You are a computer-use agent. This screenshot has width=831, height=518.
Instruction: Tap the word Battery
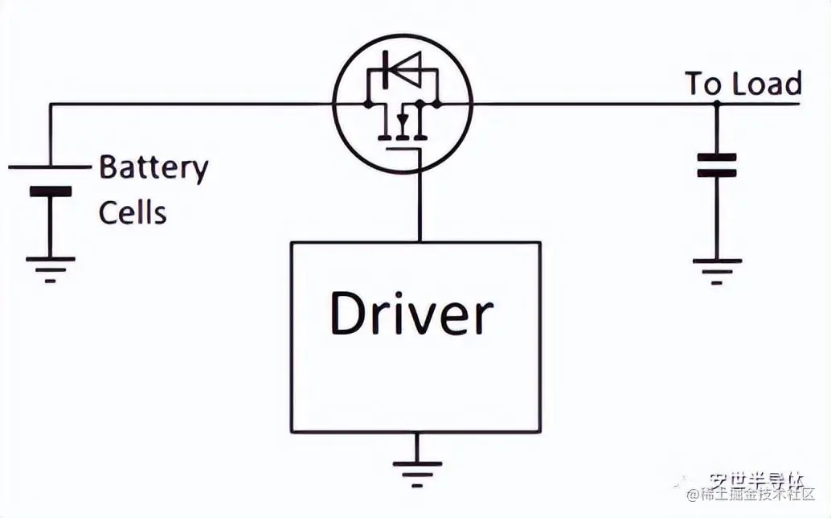coord(154,167)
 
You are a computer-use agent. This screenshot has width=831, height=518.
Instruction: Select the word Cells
coord(133,212)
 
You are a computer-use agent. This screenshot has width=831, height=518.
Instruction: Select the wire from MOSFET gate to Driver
coord(418,193)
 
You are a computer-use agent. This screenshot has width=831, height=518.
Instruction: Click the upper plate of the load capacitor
coord(716,156)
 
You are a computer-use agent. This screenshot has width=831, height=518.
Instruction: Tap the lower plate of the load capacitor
coord(716,172)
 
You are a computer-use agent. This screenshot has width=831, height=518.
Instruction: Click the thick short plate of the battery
coord(50,191)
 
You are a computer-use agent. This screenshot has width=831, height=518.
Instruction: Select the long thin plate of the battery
coord(50,166)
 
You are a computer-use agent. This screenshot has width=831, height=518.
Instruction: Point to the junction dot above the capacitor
coord(716,104)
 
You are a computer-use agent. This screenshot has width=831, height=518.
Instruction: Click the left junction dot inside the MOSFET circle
coord(367,104)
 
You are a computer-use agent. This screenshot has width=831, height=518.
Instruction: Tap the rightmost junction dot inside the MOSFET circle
coord(436,104)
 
